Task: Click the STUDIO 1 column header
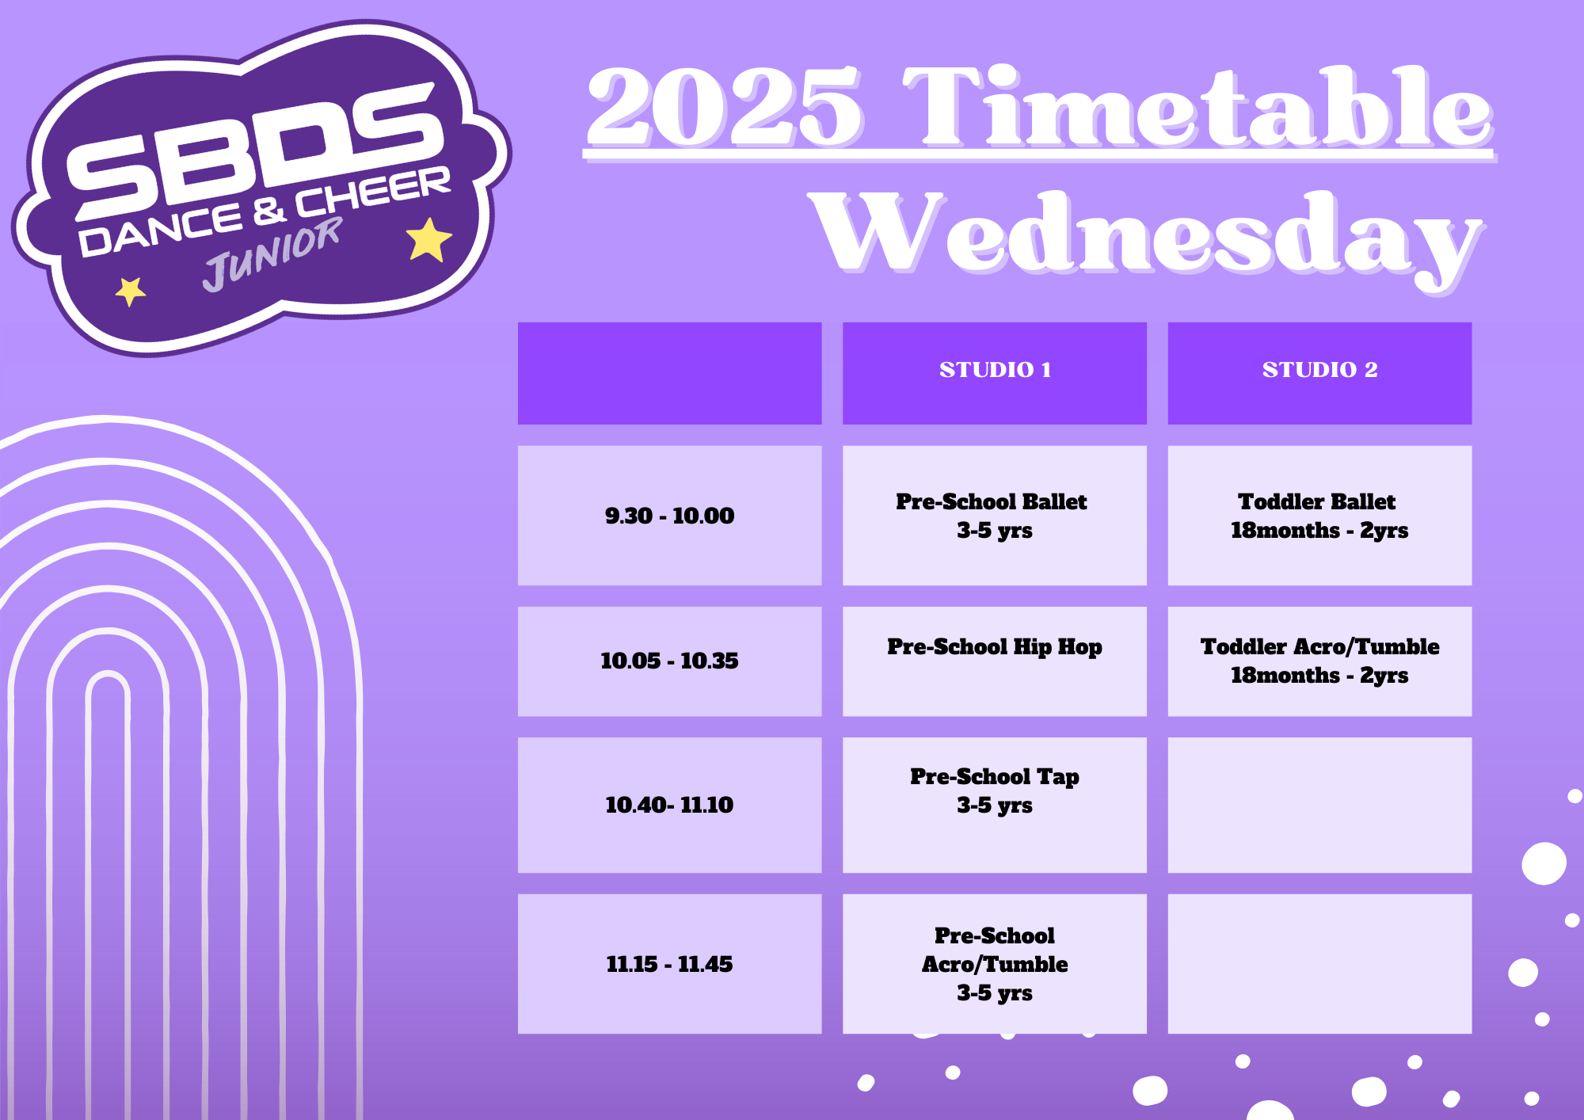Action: coord(995,373)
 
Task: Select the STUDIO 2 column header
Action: coord(1319,373)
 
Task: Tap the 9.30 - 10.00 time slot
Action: coord(669,516)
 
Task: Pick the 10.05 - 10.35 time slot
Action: coord(669,661)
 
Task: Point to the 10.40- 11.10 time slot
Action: coord(669,806)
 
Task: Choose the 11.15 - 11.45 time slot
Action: coord(669,964)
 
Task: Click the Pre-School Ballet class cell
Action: coord(995,516)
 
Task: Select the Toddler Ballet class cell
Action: coord(1319,516)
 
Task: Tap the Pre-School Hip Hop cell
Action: coord(995,661)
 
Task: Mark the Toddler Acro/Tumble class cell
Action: coord(1319,661)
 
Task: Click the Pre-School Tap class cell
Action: coord(995,806)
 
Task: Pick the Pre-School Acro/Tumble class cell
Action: coord(995,964)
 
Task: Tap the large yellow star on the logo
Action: coord(428,239)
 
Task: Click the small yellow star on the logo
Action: coord(131,291)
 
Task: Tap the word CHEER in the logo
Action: coord(373,192)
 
